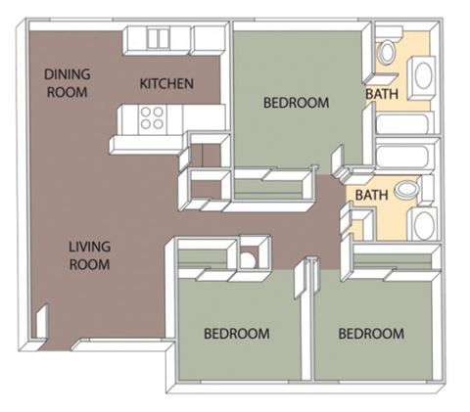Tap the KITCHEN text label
[165, 84]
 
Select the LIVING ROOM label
[89, 255]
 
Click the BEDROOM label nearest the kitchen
[297, 102]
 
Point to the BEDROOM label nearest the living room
[236, 334]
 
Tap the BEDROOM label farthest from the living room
[370, 334]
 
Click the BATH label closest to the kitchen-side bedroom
[382, 94]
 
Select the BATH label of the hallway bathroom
[371, 195]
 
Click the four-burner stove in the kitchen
[151, 118]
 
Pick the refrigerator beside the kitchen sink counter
[209, 38]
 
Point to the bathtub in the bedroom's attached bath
[402, 125]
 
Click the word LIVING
[89, 247]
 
